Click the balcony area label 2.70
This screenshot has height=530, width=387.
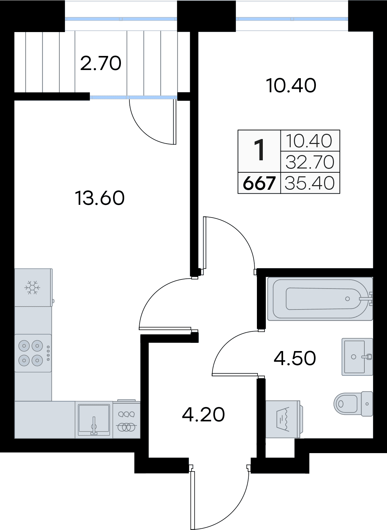101,63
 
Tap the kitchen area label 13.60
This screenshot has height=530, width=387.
100,198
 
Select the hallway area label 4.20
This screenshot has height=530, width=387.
203,415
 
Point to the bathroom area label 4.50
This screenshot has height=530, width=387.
295,358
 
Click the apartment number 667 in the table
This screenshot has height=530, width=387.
259,183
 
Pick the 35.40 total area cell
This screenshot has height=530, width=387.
310,183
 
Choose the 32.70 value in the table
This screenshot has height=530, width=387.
310,162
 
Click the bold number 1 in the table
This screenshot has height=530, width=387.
260,150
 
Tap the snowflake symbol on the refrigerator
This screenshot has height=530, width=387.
33,287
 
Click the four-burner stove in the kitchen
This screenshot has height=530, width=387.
33,353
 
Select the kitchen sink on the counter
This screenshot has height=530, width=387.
94,420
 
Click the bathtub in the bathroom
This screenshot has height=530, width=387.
320,299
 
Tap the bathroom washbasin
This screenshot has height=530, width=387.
358,357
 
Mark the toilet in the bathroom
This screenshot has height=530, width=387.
353,404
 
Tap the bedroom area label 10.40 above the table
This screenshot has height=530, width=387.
291,86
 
